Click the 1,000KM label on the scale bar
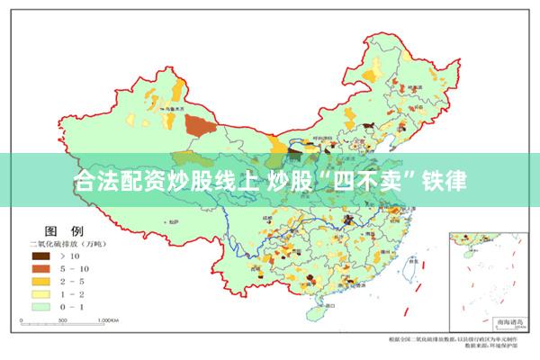(107, 319)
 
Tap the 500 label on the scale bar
(64, 319)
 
